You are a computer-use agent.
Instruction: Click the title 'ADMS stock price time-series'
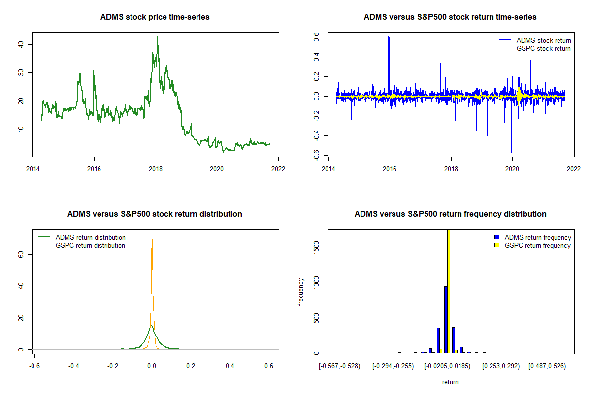point(155,17)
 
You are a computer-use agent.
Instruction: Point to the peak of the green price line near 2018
point(157,37)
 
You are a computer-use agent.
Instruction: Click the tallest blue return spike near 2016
point(389,37)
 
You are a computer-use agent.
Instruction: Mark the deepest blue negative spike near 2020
point(511,152)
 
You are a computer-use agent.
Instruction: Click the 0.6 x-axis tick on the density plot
point(268,366)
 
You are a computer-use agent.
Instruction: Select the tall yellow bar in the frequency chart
point(449,291)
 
